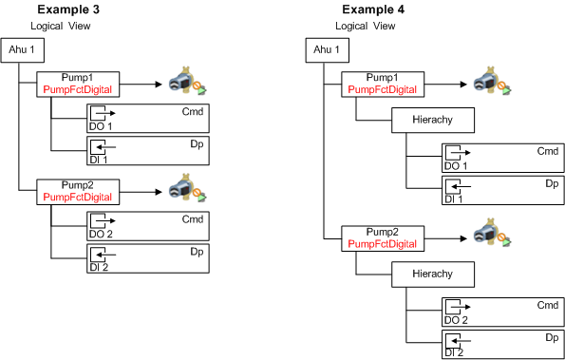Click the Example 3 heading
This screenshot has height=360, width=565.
(68, 9)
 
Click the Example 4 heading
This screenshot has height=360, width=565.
(373, 9)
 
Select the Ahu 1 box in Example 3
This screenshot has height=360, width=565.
(23, 50)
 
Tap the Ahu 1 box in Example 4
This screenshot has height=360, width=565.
(328, 50)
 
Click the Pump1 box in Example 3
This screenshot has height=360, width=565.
(78, 84)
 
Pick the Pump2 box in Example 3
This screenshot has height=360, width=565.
(78, 192)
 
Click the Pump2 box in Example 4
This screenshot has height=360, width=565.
(383, 238)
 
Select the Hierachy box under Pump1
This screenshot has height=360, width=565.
(433, 120)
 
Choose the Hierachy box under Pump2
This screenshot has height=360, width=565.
(433, 275)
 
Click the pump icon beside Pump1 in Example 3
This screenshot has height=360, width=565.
(187, 81)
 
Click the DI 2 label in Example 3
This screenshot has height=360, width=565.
(99, 267)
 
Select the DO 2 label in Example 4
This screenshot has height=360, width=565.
(456, 320)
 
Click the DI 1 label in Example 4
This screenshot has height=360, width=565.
(453, 199)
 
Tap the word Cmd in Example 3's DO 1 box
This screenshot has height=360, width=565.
(193, 111)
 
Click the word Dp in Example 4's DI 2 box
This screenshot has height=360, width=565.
(552, 337)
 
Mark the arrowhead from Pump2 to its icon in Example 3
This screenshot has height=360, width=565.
(159, 192)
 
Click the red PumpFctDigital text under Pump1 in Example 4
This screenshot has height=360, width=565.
(383, 89)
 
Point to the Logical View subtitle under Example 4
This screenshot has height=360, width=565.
(366, 26)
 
